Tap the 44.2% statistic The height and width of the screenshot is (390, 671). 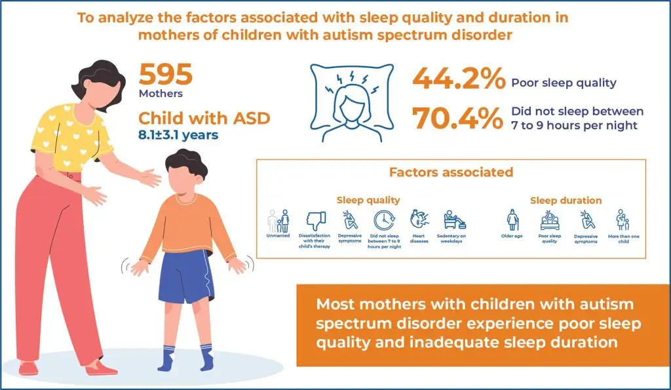pos(458,79)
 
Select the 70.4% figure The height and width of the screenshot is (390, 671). pos(457,118)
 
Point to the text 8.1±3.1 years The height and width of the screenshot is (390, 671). pos(178,135)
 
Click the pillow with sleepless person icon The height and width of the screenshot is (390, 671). pos(352,103)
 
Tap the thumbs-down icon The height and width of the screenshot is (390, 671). pos(316,221)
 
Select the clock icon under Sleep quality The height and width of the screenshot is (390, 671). pos(384,221)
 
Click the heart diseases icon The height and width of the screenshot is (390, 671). pos(419,220)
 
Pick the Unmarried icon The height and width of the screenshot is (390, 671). pos(278,221)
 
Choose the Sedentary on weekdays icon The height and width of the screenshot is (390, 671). pos(454,220)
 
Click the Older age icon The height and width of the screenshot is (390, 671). pos(512,220)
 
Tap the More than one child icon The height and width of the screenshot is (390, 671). pos(623,220)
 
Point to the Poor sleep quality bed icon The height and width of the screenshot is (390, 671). pos(550,221)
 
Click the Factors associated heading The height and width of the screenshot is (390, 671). pos(451,172)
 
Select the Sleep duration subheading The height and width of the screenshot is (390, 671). pos(566,201)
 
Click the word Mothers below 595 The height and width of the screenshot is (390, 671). pos(161,94)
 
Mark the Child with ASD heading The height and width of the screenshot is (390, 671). pos(204,118)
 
